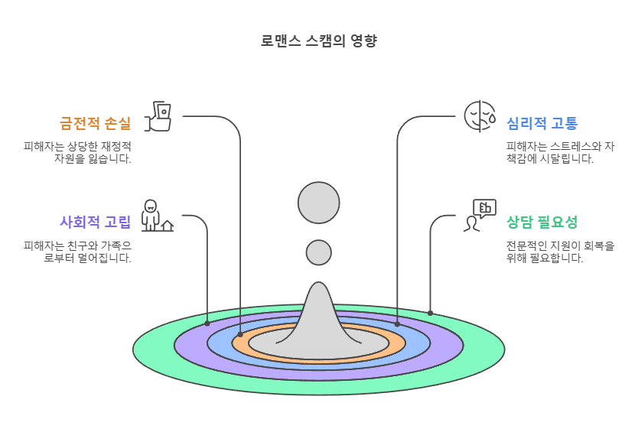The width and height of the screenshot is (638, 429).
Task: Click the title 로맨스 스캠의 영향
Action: pyautogui.click(x=319, y=41)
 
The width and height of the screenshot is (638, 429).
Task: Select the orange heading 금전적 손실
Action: pyautogui.click(x=95, y=123)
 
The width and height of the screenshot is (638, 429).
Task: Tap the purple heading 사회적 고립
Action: pyautogui.click(x=95, y=223)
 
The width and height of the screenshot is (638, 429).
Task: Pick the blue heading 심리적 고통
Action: pyautogui.click(x=542, y=123)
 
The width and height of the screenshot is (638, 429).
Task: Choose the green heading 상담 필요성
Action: pyautogui.click(x=542, y=223)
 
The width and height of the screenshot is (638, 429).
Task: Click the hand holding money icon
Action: pyautogui.click(x=159, y=116)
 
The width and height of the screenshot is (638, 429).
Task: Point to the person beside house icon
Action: pyautogui.click(x=156, y=216)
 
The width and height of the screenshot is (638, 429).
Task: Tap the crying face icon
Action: pyautogui.click(x=480, y=116)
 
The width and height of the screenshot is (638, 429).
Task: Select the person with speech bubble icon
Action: pyautogui.click(x=480, y=216)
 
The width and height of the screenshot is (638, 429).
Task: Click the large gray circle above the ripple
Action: pyautogui.click(x=318, y=203)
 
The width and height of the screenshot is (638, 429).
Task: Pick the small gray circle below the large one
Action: pyautogui.click(x=318, y=252)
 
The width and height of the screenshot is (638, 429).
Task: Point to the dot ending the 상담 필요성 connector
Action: pyautogui.click(x=430, y=313)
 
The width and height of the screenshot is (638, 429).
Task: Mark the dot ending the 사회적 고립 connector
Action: pyautogui.click(x=207, y=323)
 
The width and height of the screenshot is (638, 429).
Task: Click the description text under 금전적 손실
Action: pyautogui.click(x=78, y=152)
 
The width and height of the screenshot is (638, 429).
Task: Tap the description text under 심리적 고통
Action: pyautogui.click(x=560, y=152)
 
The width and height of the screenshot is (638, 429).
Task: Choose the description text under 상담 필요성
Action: pyautogui.click(x=560, y=252)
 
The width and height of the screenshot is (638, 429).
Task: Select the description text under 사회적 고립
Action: pyautogui.click(x=78, y=252)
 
